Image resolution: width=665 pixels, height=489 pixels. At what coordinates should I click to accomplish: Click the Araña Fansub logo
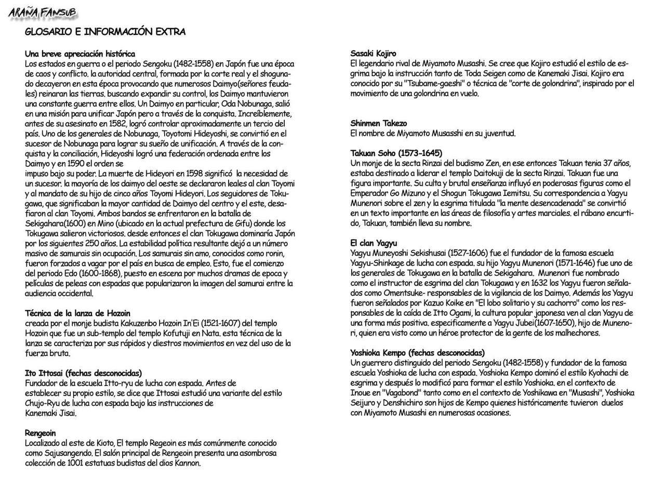pos(43,12)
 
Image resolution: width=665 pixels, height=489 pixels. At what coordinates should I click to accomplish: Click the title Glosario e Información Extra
pos(105,32)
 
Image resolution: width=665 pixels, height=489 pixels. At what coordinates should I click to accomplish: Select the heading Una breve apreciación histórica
pos(80,54)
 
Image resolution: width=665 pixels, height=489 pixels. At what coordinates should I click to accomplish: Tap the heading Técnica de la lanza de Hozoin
pos(77,313)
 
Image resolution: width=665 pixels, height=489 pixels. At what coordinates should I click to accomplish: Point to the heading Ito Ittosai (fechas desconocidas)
pos(83,373)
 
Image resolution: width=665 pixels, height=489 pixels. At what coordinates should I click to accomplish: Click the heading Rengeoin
pos(40,433)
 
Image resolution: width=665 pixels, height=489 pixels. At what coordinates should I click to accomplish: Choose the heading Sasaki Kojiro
pos(373,54)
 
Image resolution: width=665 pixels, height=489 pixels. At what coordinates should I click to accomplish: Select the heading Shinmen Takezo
pos(379,123)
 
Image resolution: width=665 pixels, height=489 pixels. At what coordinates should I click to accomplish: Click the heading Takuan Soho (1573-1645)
pos(396,153)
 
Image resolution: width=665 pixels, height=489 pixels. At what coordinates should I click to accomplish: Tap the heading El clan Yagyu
pos(374,243)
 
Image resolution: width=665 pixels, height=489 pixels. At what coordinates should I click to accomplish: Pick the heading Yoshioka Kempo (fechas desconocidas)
pos(417,353)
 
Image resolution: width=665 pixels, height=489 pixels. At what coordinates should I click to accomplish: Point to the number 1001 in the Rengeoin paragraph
pos(76,464)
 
